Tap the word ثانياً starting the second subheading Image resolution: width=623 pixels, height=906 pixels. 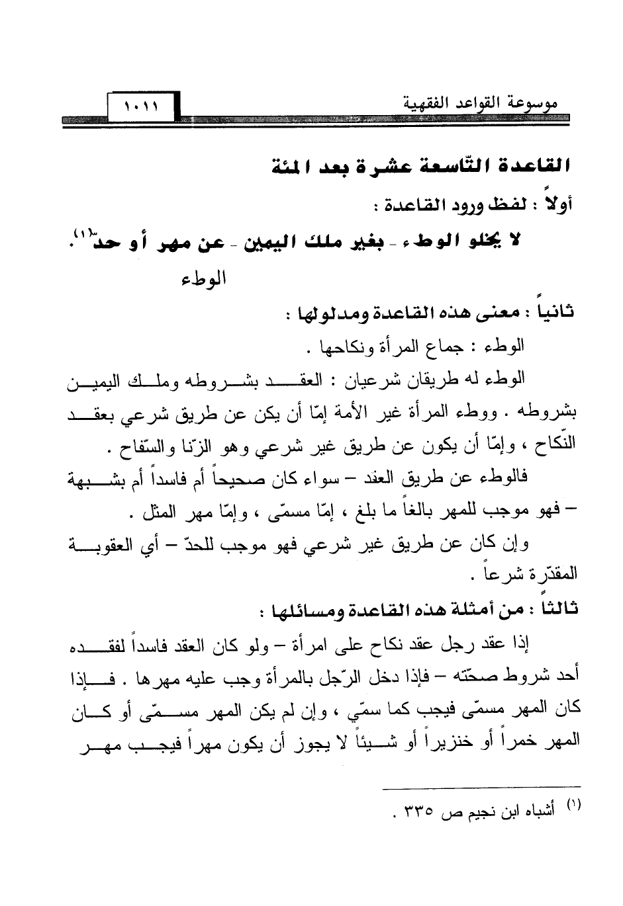pos(555,311)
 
